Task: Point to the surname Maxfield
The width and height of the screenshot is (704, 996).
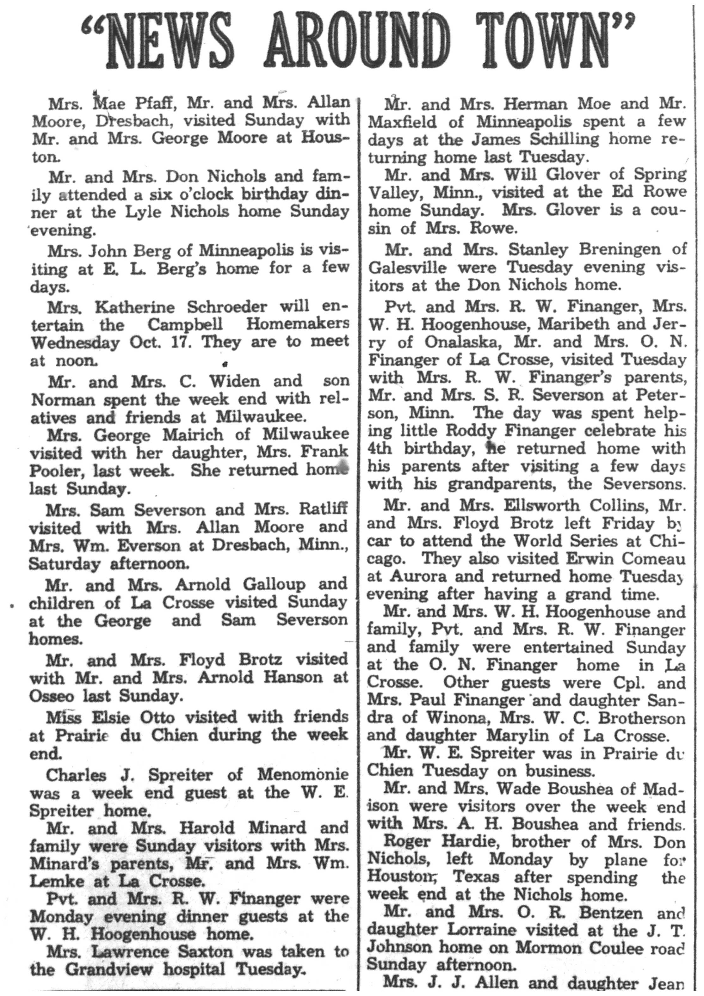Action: pos(403,122)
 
